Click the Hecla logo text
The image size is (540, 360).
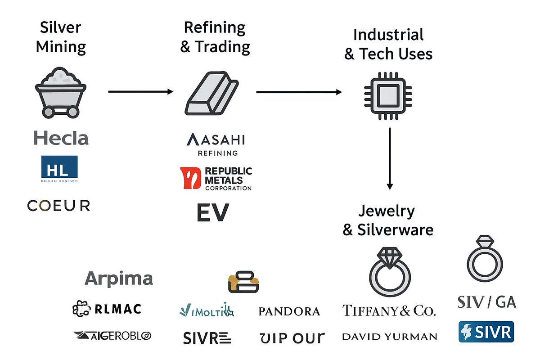[x=61, y=138]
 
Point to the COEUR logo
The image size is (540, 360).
[x=58, y=206]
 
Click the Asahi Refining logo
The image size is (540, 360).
[x=216, y=144]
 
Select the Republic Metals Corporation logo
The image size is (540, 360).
[x=216, y=178]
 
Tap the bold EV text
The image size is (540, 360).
[x=213, y=212]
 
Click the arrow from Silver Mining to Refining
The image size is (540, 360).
[x=140, y=92]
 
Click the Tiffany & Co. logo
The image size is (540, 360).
[x=389, y=310]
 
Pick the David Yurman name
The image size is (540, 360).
[x=389, y=336]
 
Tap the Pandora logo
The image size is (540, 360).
[x=289, y=311]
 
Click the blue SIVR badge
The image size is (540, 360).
[x=486, y=332]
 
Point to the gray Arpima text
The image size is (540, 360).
[x=119, y=279]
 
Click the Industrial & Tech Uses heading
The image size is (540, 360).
[x=388, y=44]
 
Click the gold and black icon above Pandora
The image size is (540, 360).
[x=243, y=282]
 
